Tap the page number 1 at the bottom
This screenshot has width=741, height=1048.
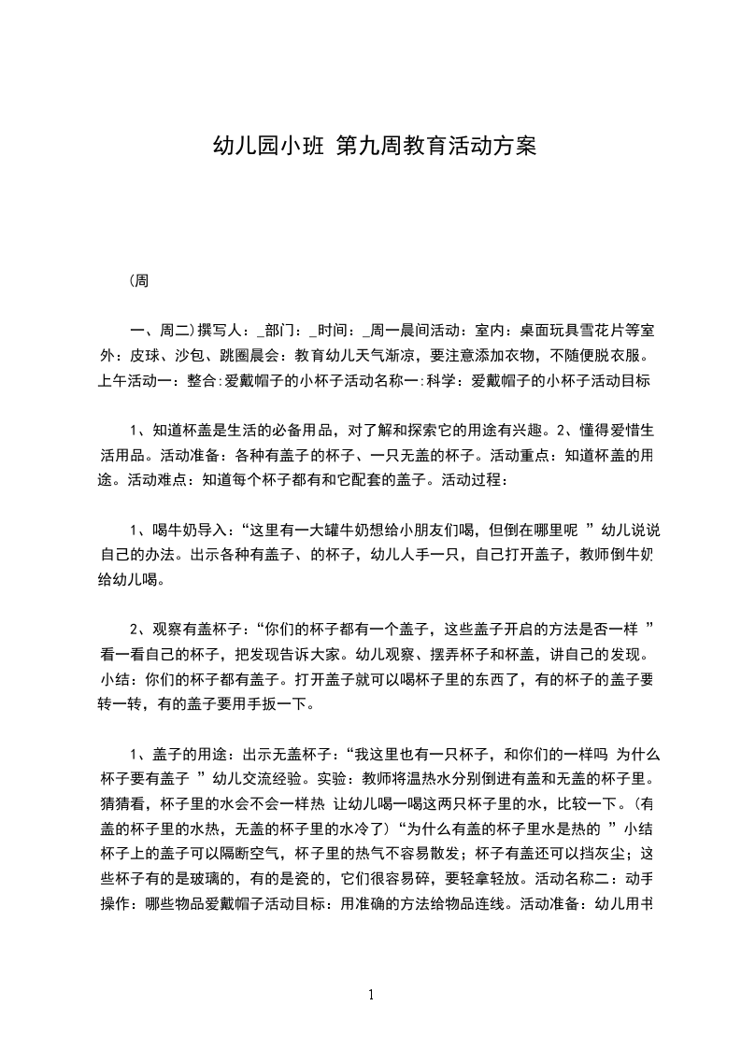(x=371, y=996)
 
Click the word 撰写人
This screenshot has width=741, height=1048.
(x=221, y=332)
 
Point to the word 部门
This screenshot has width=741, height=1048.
(x=278, y=332)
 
